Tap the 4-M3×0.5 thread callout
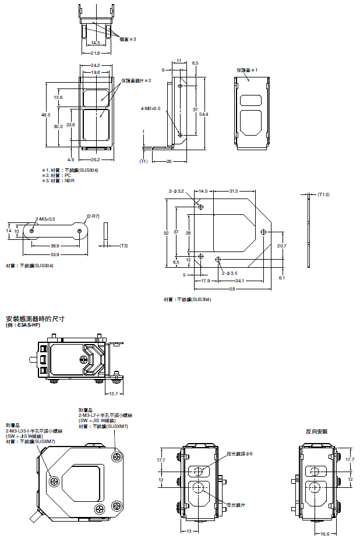151,108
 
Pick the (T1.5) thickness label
323,194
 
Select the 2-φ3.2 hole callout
177,190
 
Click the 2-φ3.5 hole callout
230,272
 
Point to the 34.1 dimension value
240,281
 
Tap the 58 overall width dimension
232,289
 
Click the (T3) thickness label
123,246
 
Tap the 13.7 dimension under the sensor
114,394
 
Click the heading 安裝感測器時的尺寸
34,319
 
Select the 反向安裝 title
316,431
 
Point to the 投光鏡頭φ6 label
241,454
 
